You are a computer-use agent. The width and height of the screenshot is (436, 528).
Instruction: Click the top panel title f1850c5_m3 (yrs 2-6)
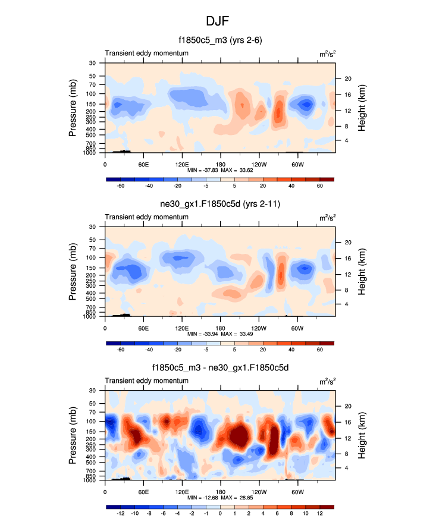pos(220,40)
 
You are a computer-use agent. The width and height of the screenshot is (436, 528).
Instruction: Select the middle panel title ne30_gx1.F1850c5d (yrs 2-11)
pos(220,205)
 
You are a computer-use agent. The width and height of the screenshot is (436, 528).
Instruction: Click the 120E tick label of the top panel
pos(182,164)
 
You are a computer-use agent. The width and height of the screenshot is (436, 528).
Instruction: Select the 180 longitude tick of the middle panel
pos(220,328)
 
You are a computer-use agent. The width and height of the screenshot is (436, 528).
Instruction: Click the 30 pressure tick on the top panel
pos(93,63)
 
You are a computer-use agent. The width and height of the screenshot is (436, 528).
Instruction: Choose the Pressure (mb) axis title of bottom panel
pos(74,436)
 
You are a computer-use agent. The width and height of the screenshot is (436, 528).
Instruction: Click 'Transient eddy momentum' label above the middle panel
pos(147,217)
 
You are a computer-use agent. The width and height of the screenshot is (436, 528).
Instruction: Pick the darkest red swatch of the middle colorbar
pos(327,343)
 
